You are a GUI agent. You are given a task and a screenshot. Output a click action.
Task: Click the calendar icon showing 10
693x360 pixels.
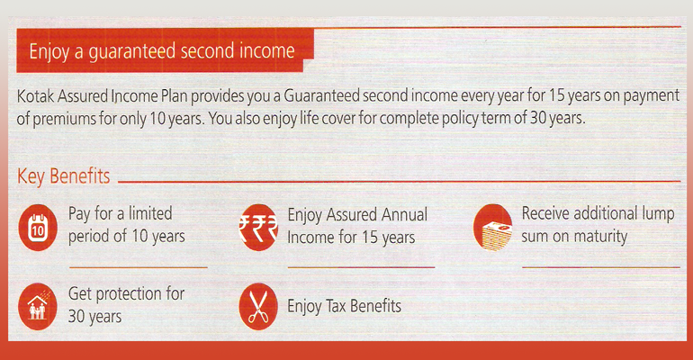tap(38, 228)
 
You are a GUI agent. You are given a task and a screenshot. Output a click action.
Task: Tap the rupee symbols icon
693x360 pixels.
tap(258, 228)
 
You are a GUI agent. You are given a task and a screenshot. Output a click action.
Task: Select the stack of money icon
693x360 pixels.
tap(493, 228)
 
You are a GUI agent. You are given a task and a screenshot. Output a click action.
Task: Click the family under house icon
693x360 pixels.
tap(38, 307)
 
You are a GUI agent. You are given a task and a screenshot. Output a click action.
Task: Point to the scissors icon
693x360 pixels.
tap(258, 307)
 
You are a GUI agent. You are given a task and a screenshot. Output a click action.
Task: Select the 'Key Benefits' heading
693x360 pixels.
tap(64, 176)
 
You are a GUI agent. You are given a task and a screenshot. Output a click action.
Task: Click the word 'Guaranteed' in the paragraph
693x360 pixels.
tap(322, 96)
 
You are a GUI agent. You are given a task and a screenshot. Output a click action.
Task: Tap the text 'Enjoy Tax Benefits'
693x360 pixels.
tap(345, 306)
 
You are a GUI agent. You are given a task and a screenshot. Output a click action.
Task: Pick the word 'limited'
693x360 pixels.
tap(150, 213)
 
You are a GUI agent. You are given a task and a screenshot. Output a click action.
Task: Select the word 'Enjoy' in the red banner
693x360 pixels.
tap(49, 52)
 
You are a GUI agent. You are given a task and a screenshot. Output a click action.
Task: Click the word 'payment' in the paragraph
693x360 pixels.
tap(651, 96)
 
